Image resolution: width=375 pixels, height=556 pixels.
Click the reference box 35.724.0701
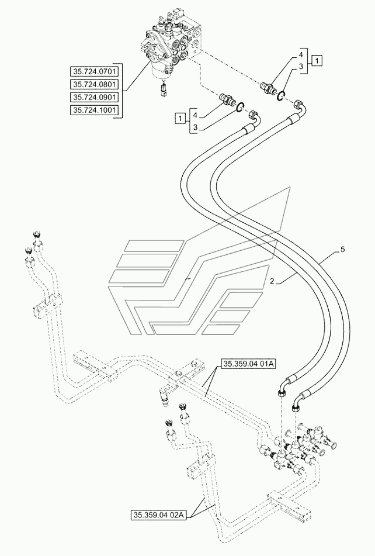(95, 72)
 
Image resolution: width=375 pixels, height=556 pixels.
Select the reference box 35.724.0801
(95, 84)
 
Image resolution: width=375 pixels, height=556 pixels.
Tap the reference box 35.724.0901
(95, 97)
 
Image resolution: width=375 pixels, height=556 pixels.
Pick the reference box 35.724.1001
(95, 110)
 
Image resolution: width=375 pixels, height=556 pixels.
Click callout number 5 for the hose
(342, 250)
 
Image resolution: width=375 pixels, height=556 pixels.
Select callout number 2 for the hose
(272, 281)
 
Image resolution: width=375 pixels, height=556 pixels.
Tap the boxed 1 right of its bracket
(317, 61)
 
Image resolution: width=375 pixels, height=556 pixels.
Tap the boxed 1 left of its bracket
(180, 118)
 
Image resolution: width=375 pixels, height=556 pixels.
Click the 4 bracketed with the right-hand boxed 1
(300, 55)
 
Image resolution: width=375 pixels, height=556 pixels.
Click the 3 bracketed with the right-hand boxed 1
(300, 66)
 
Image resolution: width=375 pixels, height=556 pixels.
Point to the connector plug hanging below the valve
(163, 91)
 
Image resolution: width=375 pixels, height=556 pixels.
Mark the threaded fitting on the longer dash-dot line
(269, 88)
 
